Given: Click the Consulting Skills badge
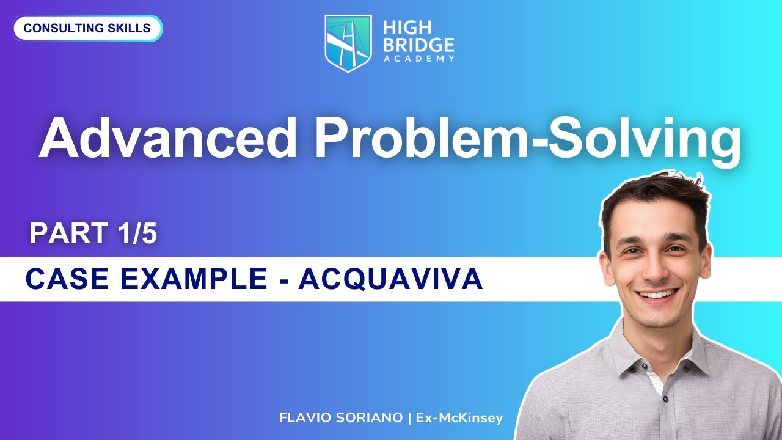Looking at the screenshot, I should [x=87, y=29].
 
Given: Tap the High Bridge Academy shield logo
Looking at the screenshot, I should [x=348, y=42].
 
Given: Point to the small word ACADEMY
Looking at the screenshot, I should [x=418, y=59].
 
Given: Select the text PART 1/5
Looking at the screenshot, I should [x=93, y=234].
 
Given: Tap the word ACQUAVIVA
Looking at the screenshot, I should [x=391, y=279].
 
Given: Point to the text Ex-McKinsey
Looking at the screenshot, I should [x=459, y=418].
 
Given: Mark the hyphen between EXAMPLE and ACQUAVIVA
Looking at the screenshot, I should [x=282, y=280].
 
